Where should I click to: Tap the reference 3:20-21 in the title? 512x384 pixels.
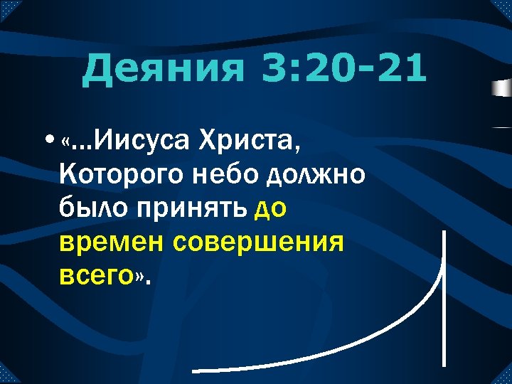344,70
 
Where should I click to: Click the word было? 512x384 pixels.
88,209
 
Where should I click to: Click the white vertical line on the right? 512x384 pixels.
444,299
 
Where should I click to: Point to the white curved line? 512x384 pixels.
384,341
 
